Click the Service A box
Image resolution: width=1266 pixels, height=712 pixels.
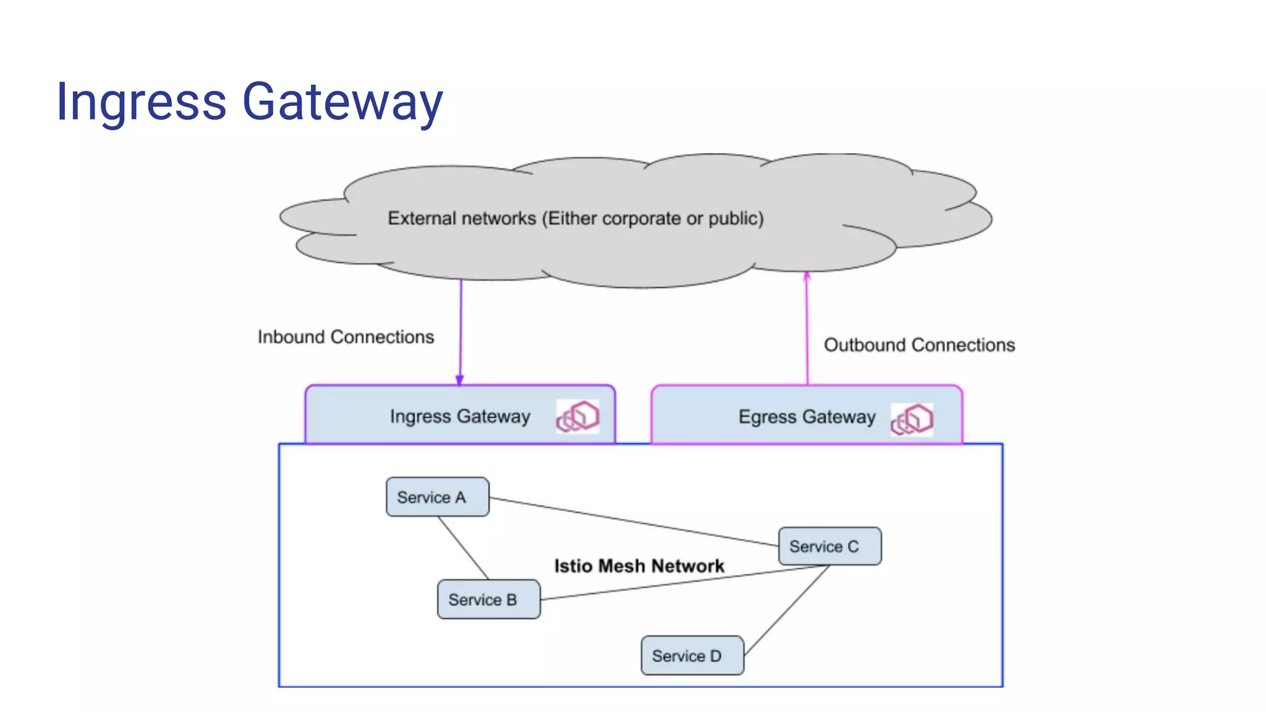(x=437, y=497)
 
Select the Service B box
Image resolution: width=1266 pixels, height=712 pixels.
(x=488, y=599)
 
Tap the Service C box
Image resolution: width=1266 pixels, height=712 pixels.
(x=830, y=546)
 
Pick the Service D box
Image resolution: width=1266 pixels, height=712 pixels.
(x=692, y=656)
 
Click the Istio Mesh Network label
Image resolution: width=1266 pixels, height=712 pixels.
(x=639, y=566)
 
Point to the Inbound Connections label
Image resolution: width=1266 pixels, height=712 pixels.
(x=346, y=337)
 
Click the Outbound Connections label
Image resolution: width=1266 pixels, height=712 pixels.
(x=919, y=345)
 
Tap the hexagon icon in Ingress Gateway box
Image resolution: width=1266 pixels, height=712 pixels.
(x=578, y=416)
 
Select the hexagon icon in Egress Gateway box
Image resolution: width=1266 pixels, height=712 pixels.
(x=912, y=420)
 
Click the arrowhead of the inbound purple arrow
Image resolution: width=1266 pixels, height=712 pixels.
(x=460, y=379)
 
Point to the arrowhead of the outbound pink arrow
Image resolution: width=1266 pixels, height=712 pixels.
(x=807, y=276)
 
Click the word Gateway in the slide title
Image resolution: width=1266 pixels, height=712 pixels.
(x=342, y=102)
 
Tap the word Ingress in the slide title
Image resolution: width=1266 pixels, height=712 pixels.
(x=141, y=102)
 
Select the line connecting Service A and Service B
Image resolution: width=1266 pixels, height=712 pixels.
(x=464, y=548)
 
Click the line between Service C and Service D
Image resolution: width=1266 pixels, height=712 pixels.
(x=786, y=610)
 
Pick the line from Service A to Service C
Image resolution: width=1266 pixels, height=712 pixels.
(x=634, y=522)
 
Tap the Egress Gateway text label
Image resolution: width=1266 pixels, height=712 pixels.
(x=807, y=417)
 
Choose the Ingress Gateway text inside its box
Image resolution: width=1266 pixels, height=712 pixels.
(x=460, y=417)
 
